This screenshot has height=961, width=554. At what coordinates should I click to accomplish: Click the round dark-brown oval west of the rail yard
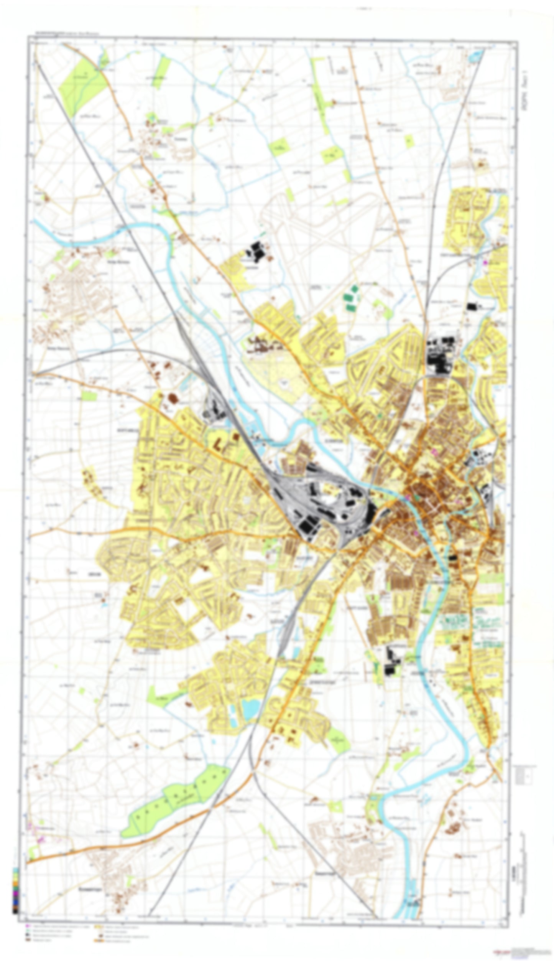click(173, 398)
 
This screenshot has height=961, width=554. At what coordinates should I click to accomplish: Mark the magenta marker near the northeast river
click(485, 262)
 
